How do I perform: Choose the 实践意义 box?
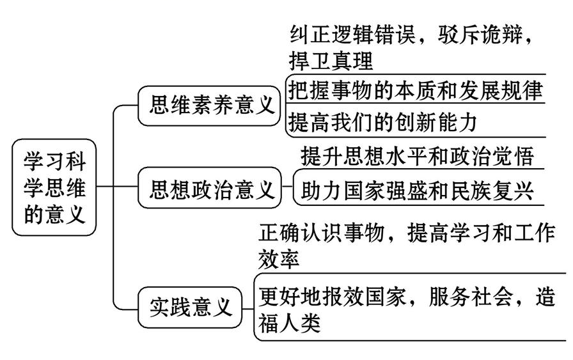tap(191, 308)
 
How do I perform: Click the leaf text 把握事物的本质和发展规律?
tap(415, 90)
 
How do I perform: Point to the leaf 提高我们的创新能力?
tap(383, 121)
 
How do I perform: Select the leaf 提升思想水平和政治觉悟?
tap(417, 155)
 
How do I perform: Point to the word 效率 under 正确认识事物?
tap(279, 261)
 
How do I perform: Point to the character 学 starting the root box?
tap(35, 160)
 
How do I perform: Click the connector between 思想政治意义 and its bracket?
tap(286, 189)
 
